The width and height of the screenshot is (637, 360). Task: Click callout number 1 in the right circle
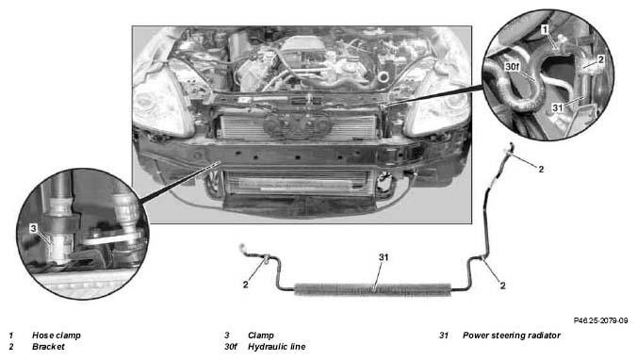coord(546,29)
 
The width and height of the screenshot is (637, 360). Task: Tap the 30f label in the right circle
coord(513,66)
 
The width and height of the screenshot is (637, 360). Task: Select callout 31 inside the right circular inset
coord(558,107)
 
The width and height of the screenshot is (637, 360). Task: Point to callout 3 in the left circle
coord(33,228)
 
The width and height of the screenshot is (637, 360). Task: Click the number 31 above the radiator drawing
coord(384,257)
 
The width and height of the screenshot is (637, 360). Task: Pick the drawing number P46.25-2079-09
coord(600,320)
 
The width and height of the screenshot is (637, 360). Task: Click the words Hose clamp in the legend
coord(56,335)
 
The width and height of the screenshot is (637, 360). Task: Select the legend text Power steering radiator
coord(512,335)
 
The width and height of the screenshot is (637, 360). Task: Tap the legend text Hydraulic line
coord(277,347)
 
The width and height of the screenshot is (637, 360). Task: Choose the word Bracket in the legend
coord(48,347)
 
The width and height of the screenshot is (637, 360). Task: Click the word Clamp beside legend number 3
coord(261,335)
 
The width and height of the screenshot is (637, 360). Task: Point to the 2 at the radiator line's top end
coord(541,169)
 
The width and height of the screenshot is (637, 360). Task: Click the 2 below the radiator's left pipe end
coord(245,285)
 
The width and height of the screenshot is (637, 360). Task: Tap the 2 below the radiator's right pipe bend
coord(502,286)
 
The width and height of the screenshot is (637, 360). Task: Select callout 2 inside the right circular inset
coord(601,59)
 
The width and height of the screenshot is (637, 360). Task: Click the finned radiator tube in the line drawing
coord(372,289)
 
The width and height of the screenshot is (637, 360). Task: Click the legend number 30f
coord(230,347)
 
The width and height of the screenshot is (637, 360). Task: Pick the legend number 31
coord(444,335)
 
